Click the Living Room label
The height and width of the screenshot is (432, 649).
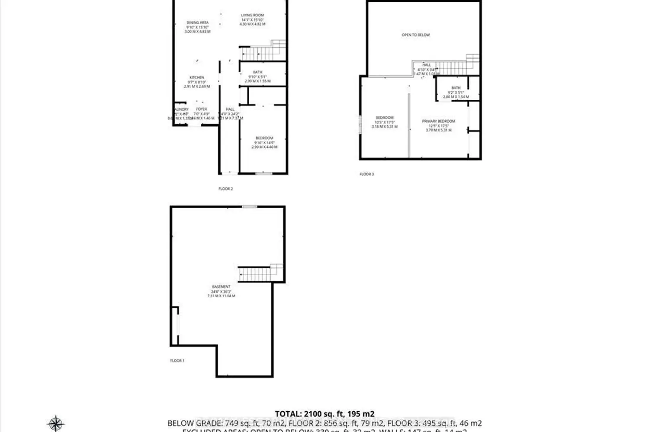pyautogui.click(x=252, y=16)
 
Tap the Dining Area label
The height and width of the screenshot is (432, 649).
pyautogui.click(x=197, y=23)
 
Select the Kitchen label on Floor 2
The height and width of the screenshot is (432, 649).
pyautogui.click(x=197, y=78)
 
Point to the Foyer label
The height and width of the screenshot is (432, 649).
pyautogui.click(x=201, y=109)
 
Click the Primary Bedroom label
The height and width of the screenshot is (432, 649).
pyautogui.click(x=438, y=121)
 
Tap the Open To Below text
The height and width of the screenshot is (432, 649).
pyautogui.click(x=415, y=35)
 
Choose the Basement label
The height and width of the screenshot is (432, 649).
pyautogui.click(x=221, y=287)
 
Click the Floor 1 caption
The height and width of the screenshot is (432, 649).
pyautogui.click(x=177, y=361)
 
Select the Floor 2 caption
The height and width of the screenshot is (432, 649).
pyautogui.click(x=225, y=189)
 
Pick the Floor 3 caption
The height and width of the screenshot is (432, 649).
pyautogui.click(x=366, y=174)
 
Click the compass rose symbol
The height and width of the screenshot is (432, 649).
pyautogui.click(x=56, y=423)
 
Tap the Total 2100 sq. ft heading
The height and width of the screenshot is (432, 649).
pyautogui.click(x=324, y=414)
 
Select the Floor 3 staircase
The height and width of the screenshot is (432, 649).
pyautogui.click(x=454, y=67)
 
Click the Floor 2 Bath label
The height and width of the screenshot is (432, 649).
pyautogui.click(x=257, y=73)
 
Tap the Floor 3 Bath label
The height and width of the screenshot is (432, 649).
pyautogui.click(x=456, y=88)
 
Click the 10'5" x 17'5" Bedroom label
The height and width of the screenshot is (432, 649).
pyautogui.click(x=384, y=118)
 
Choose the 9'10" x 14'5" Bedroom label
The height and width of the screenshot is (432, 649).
pyautogui.click(x=264, y=138)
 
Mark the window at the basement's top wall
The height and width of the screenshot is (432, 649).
pyautogui.click(x=249, y=206)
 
